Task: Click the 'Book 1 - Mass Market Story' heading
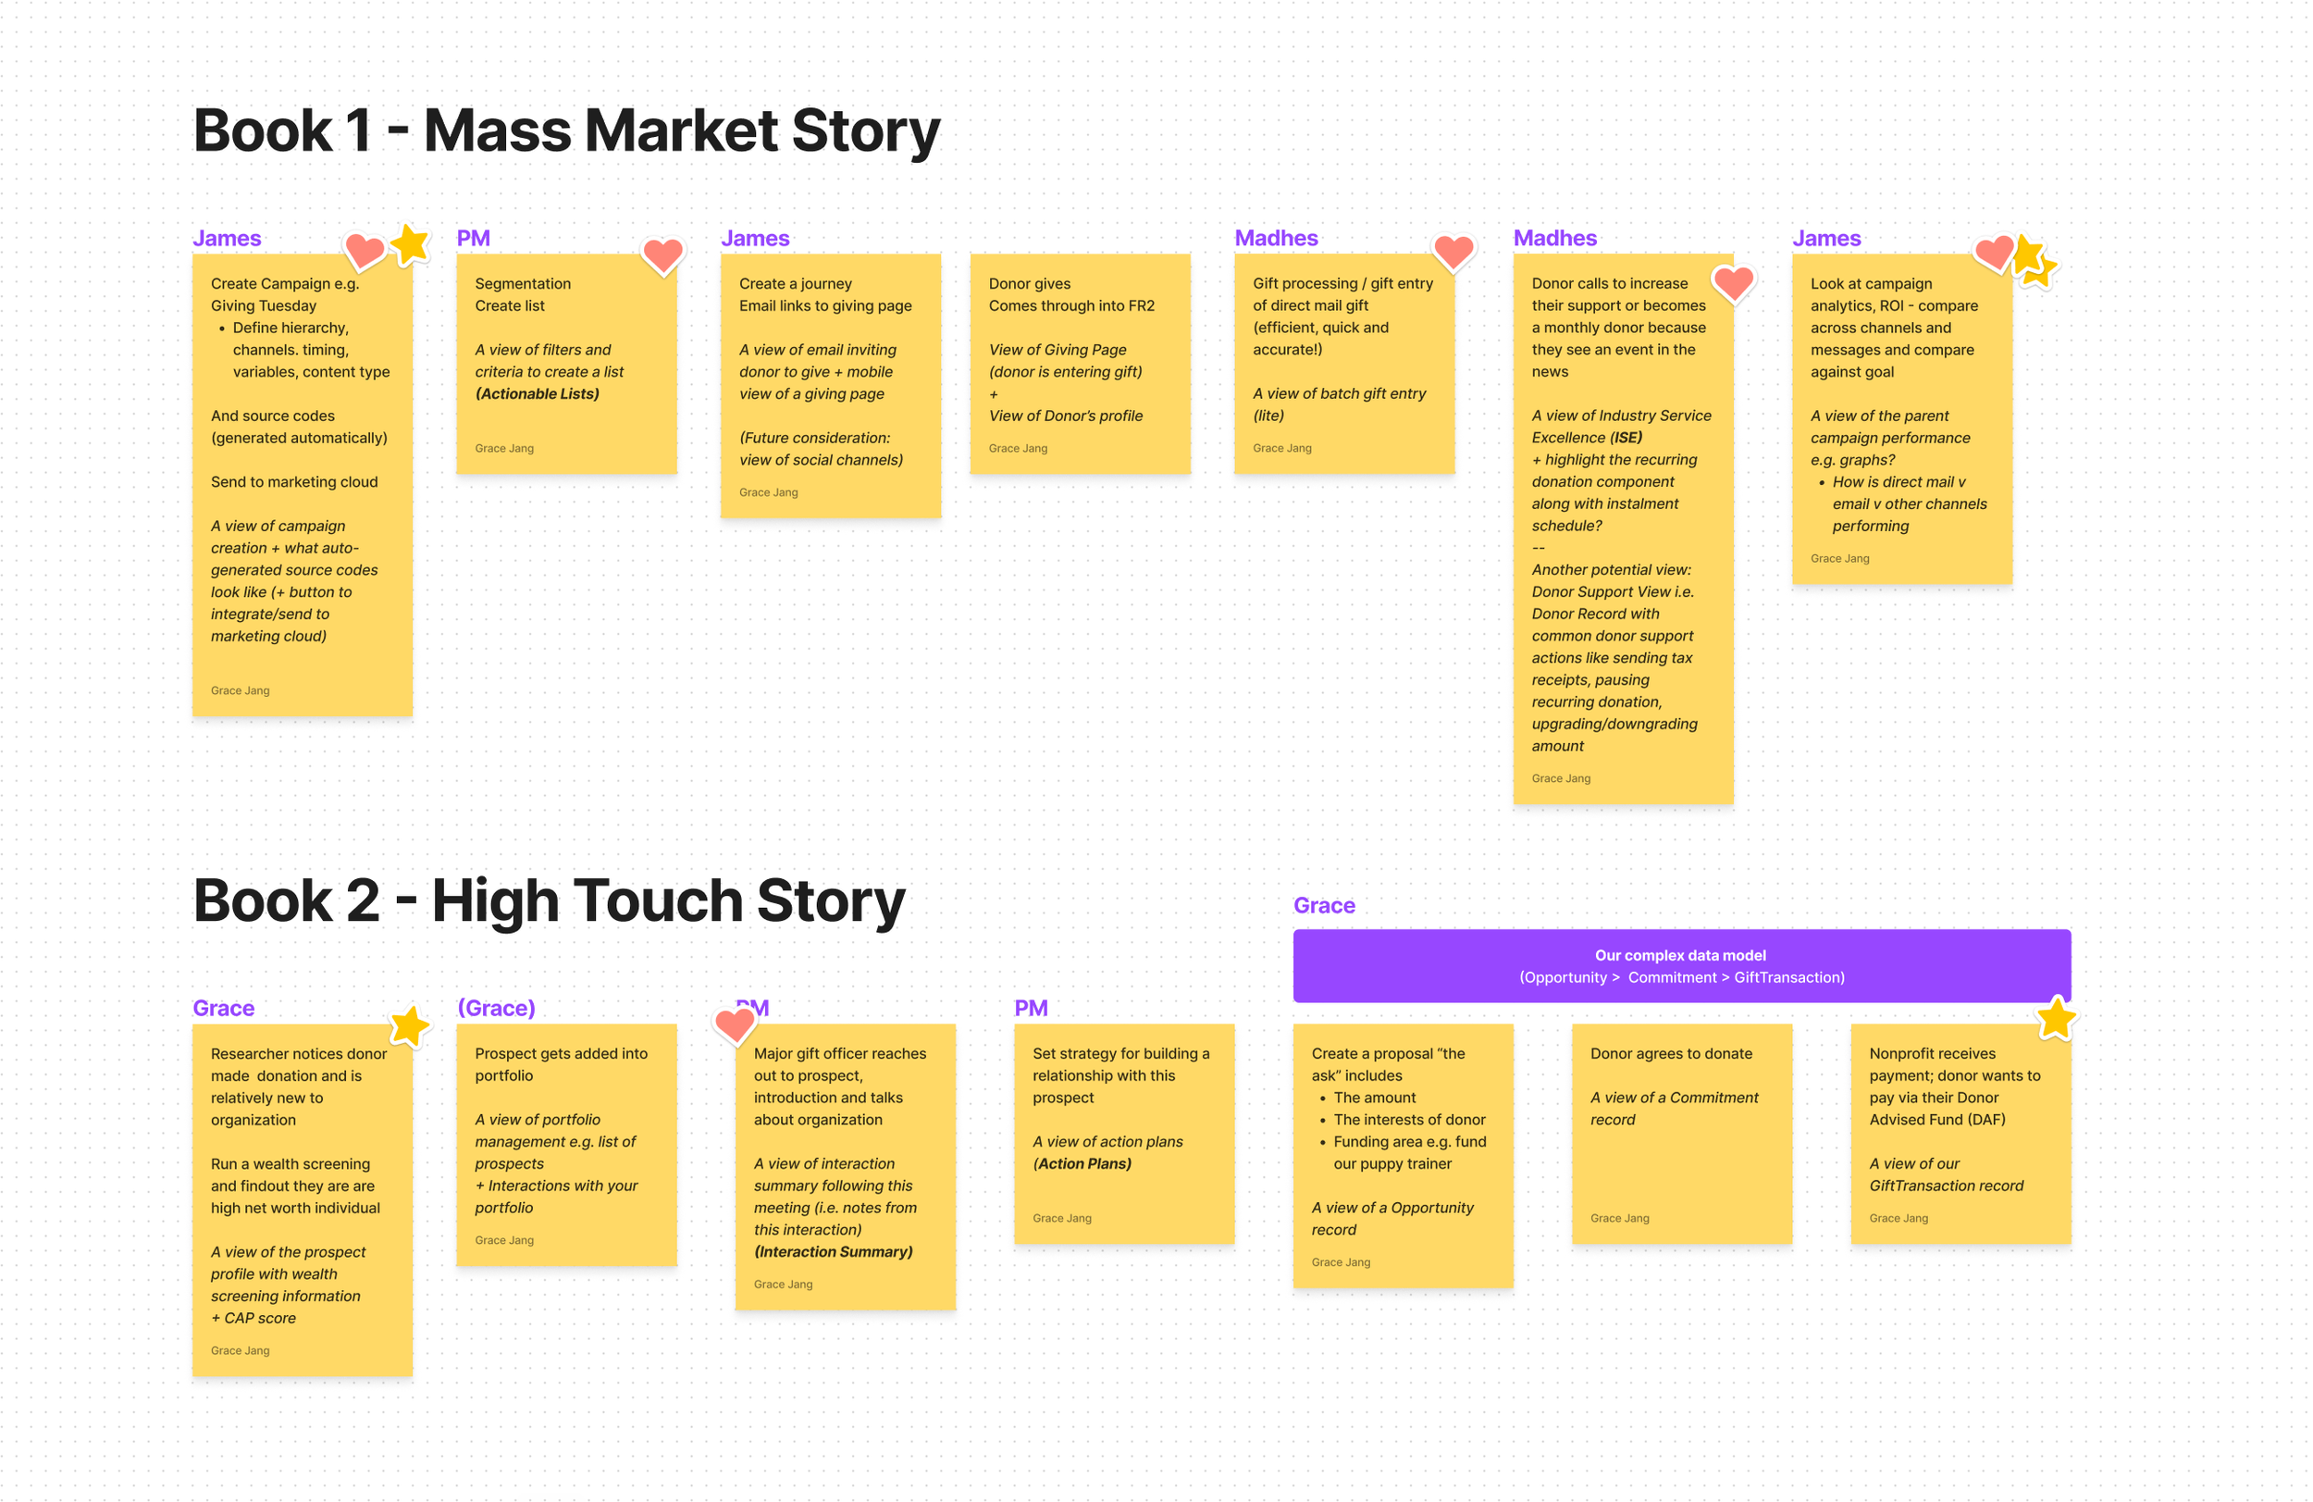click(566, 131)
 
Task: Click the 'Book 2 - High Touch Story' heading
click(549, 900)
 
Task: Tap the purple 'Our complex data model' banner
click(1680, 965)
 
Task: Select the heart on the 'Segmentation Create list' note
click(662, 255)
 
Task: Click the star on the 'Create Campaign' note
click(410, 244)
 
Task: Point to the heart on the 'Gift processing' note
click(1453, 252)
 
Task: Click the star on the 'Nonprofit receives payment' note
click(2056, 1018)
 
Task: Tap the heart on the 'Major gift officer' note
click(735, 1024)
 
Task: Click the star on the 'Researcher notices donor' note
click(409, 1025)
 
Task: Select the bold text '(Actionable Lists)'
click(537, 393)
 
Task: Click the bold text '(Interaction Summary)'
click(833, 1251)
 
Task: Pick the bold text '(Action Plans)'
click(1082, 1163)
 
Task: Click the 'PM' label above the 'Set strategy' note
click(1030, 1008)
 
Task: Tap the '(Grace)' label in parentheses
click(496, 1008)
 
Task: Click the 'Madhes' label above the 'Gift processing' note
click(1275, 238)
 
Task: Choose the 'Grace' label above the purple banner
click(1324, 905)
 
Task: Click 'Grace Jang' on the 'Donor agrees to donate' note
click(1619, 1218)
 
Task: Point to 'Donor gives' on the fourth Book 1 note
click(1029, 284)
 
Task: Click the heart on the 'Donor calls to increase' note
click(1733, 283)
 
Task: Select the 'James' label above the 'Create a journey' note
click(754, 238)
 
